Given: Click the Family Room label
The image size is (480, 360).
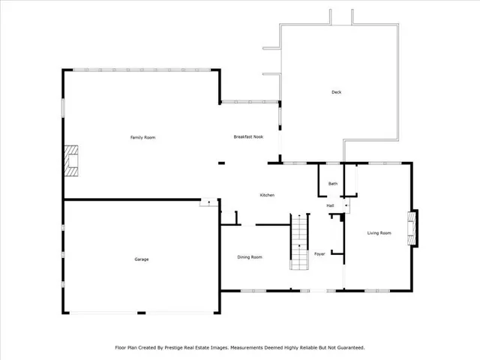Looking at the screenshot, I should pyautogui.click(x=142, y=137).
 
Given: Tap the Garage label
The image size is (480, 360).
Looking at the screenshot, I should pyautogui.click(x=141, y=259).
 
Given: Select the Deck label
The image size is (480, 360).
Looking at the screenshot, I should pyautogui.click(x=336, y=92).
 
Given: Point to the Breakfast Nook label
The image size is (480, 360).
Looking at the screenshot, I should pyautogui.click(x=248, y=137).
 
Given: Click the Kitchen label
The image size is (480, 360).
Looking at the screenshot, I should pyautogui.click(x=267, y=195).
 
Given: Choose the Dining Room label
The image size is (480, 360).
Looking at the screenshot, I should pyautogui.click(x=250, y=257).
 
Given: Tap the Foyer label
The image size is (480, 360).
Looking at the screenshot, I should pyautogui.click(x=319, y=253).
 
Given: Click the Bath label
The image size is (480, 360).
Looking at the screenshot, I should pyautogui.click(x=333, y=184).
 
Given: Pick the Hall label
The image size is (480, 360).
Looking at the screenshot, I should pyautogui.click(x=330, y=205).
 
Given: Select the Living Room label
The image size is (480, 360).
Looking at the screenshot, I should pyautogui.click(x=379, y=233).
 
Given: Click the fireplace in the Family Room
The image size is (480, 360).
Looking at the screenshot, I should pyautogui.click(x=70, y=160).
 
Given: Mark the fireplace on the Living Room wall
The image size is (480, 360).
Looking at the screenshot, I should pyautogui.click(x=412, y=229).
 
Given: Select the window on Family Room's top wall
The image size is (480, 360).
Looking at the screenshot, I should pyautogui.click(x=142, y=70).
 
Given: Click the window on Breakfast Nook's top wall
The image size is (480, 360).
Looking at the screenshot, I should pyautogui.click(x=249, y=101).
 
